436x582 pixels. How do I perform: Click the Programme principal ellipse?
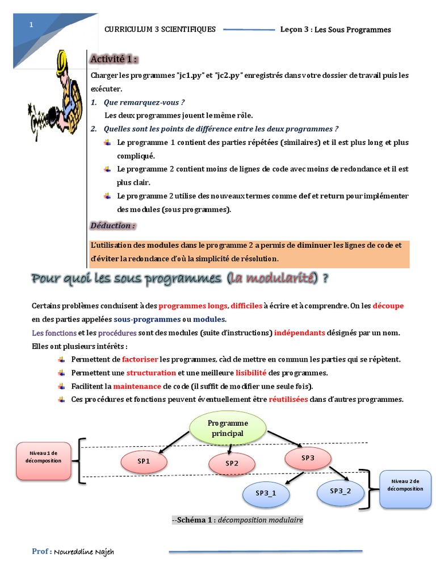pos(227,428)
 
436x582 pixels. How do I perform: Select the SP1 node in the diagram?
pos(144,461)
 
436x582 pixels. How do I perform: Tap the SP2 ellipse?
pos(232,463)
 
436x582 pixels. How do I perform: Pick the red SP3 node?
pos(308,458)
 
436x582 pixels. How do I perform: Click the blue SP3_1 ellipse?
pos(266,493)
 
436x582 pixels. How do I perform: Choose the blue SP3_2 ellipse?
pos(341,490)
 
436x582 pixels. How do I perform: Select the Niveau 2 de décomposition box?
pos(405,489)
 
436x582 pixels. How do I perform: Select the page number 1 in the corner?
pos(31,25)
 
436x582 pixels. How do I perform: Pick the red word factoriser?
pos(140,359)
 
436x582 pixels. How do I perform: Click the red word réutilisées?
pos(288,399)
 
